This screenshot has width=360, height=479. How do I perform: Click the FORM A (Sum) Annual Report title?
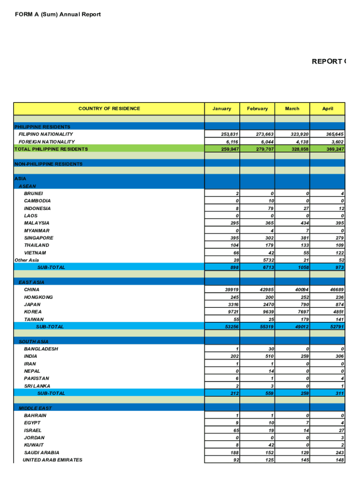tap(58, 15)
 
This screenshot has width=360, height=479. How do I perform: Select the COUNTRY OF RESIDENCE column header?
tap(109, 109)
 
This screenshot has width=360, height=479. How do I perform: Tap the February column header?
tap(257, 109)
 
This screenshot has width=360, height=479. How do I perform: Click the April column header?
tap(327, 109)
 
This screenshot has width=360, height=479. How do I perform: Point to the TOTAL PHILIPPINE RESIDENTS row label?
tap(51, 149)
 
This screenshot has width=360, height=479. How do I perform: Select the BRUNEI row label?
tap(34, 193)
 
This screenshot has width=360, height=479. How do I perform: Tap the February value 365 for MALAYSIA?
tap(268, 223)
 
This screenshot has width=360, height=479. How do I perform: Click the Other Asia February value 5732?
tap(266, 260)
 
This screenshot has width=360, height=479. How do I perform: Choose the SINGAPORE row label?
tap(39, 238)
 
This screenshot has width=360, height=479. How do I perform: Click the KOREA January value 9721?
tap(231, 312)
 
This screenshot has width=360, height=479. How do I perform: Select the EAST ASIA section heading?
tap(32, 282)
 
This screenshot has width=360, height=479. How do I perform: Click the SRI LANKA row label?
tap(37, 386)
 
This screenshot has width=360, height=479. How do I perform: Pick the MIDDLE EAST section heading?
tap(36, 408)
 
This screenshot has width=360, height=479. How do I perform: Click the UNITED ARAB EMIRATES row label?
tap(52, 460)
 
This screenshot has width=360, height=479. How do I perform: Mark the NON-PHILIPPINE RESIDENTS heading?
tap(49, 164)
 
